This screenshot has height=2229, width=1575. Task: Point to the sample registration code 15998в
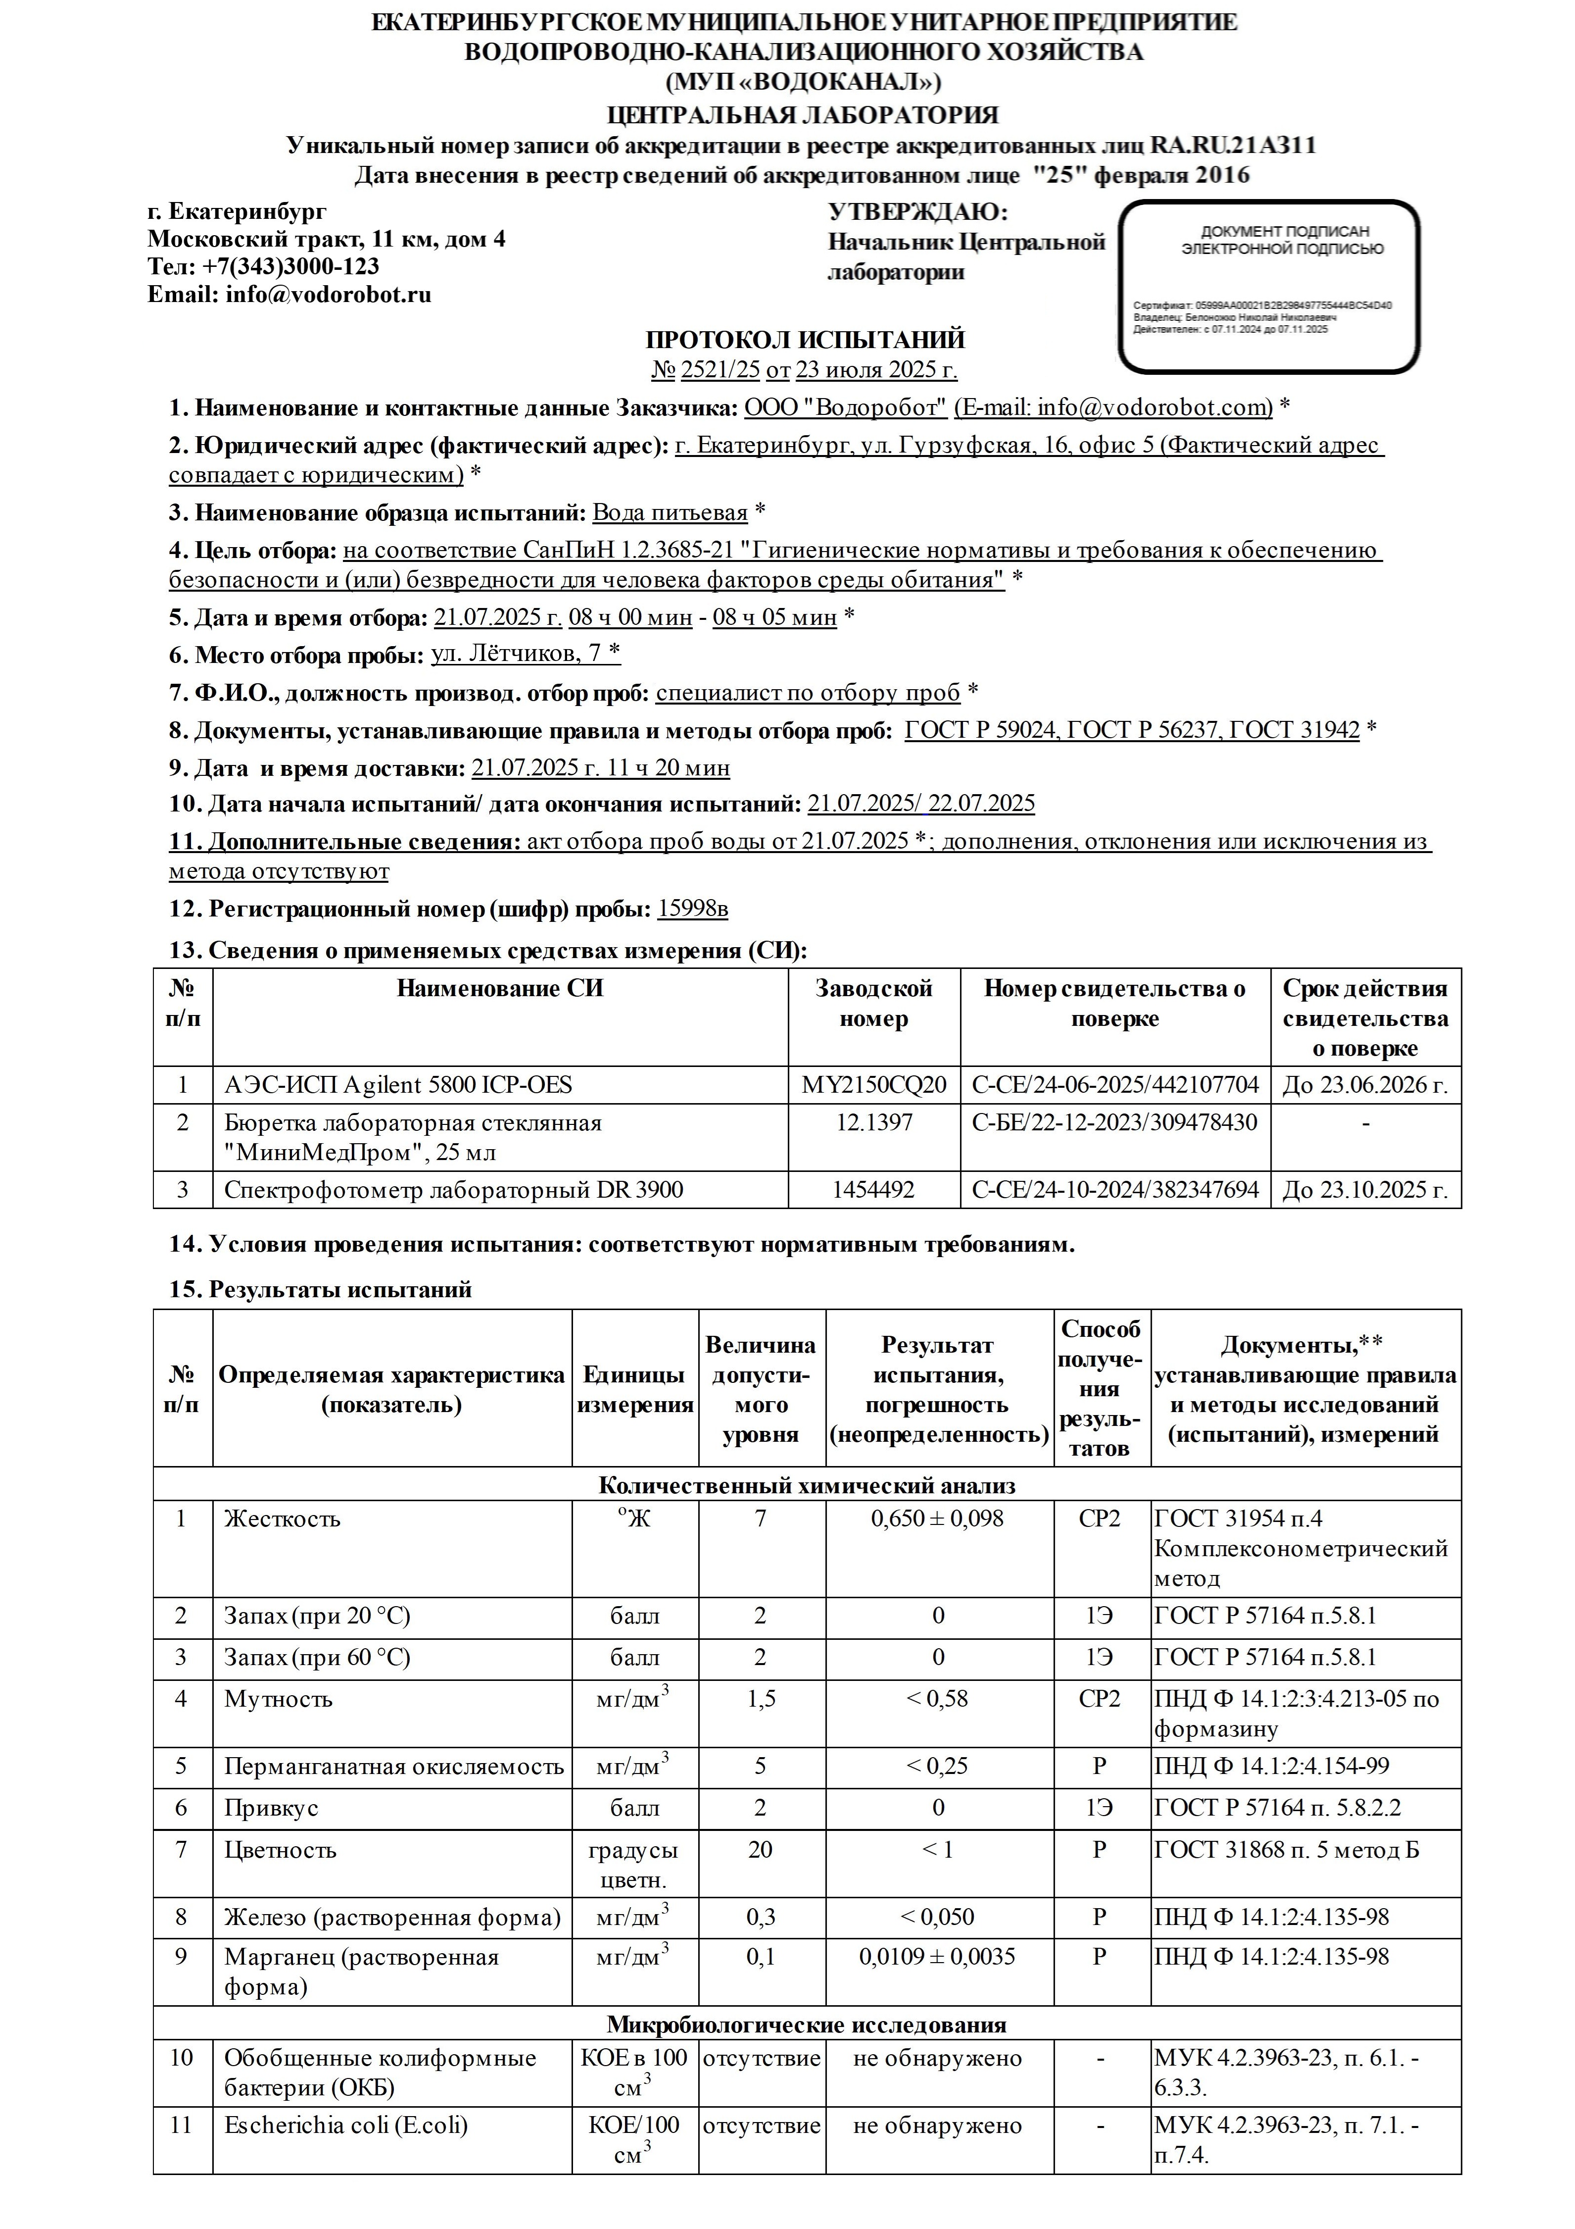point(692,910)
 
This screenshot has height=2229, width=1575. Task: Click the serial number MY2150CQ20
point(873,1085)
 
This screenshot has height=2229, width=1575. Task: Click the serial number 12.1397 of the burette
point(873,1123)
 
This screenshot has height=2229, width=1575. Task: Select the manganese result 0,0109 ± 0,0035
point(938,1956)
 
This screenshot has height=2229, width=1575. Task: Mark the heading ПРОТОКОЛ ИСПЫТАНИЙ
point(806,340)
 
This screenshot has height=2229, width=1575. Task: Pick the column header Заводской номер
point(873,1004)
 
